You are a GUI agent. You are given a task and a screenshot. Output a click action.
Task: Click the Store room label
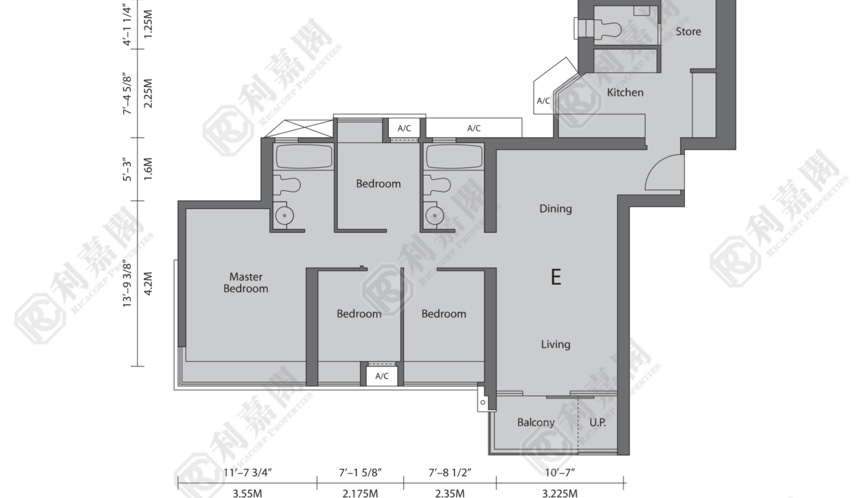point(688,31)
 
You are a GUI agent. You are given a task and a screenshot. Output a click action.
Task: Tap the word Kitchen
point(625,92)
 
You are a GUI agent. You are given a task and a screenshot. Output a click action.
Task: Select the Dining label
point(556,209)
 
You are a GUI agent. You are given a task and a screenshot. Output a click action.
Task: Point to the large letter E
point(556,277)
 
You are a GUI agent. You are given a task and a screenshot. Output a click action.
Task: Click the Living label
point(556,344)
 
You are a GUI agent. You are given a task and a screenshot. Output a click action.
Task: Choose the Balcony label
point(536,422)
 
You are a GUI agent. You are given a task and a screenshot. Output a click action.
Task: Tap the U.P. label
point(598,422)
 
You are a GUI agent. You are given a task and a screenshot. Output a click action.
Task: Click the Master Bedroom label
point(246,282)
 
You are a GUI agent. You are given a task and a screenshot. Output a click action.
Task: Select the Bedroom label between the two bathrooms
point(378,184)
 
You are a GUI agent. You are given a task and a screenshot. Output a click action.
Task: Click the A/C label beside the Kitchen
point(543,101)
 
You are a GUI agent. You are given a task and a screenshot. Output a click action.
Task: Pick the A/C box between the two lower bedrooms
point(381,376)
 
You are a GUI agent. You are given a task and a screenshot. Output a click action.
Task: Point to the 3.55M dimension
point(248,493)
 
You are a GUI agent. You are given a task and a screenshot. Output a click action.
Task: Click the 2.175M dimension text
point(360,493)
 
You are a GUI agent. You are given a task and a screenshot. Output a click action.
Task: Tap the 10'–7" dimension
point(560,472)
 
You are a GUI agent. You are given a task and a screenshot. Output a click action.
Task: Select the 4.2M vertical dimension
point(149,284)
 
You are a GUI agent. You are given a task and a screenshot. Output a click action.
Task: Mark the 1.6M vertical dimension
point(149,169)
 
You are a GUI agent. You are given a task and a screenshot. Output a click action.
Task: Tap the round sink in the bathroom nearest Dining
point(435,216)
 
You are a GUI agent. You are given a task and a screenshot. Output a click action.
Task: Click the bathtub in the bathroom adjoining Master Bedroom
point(304,156)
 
